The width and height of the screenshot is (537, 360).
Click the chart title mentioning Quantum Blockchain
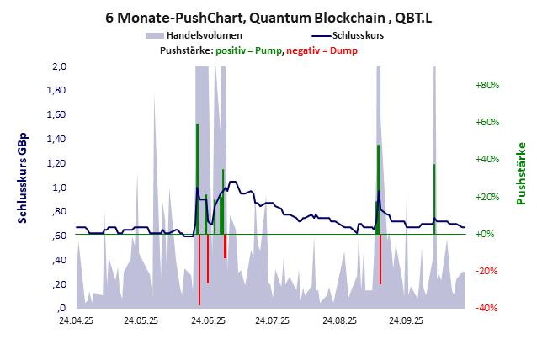pyautogui.click(x=268, y=16)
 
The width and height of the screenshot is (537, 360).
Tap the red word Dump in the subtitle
pyautogui.click(x=343, y=50)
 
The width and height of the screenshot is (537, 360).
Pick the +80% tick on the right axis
pyautogui.click(x=487, y=85)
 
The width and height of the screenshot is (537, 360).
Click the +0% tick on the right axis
pyautogui.click(x=487, y=234)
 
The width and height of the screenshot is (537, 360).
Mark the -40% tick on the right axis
pyautogui.click(x=487, y=308)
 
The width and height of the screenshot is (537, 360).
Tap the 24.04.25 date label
pyautogui.click(x=76, y=320)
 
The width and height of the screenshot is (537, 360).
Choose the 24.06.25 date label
pyautogui.click(x=206, y=320)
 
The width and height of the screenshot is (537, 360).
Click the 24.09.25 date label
pyautogui.click(x=403, y=320)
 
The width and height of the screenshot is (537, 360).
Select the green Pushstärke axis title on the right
pyautogui.click(x=522, y=172)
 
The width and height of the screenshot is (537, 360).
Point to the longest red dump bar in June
pyautogui.click(x=199, y=269)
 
